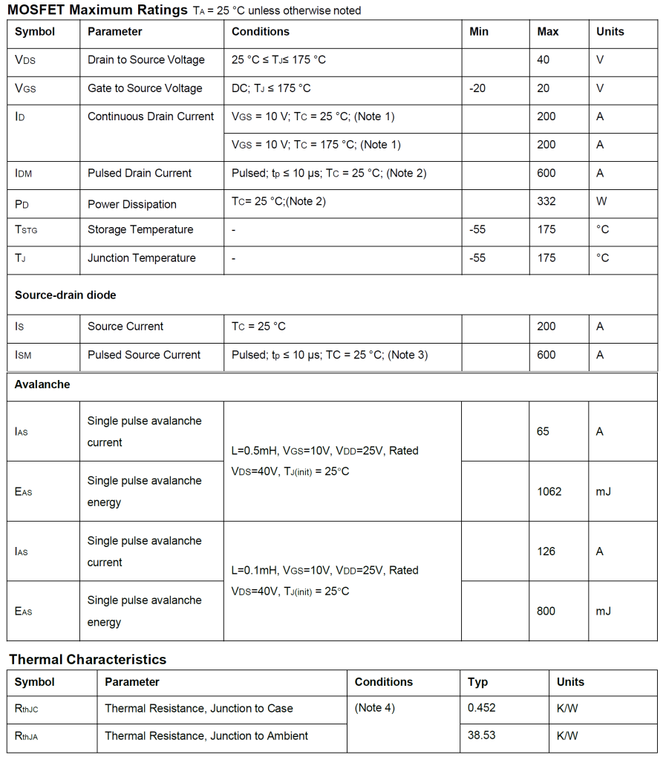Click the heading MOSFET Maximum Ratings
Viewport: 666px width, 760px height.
(97, 10)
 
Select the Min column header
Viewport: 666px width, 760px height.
(479, 32)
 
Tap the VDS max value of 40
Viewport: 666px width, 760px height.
(543, 60)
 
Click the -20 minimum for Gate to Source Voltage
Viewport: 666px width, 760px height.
(477, 88)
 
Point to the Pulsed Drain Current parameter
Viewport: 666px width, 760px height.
(140, 173)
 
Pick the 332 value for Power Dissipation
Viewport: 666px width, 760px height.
(546, 201)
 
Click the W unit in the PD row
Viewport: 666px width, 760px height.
(601, 201)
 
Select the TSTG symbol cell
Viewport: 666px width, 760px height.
(26, 230)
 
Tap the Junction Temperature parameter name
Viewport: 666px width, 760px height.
(142, 258)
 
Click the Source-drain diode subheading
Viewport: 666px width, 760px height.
(65, 295)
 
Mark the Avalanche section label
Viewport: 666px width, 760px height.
(42, 384)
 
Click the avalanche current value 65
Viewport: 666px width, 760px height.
(543, 431)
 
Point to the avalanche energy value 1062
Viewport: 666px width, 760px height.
(549, 491)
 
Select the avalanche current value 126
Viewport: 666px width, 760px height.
(546, 551)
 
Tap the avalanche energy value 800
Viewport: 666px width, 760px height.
(546, 612)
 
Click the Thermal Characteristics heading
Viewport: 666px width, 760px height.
(88, 659)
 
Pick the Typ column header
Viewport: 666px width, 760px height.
(477, 682)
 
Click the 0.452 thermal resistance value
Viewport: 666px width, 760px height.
(481, 708)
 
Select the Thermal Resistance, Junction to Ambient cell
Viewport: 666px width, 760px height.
(206, 736)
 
